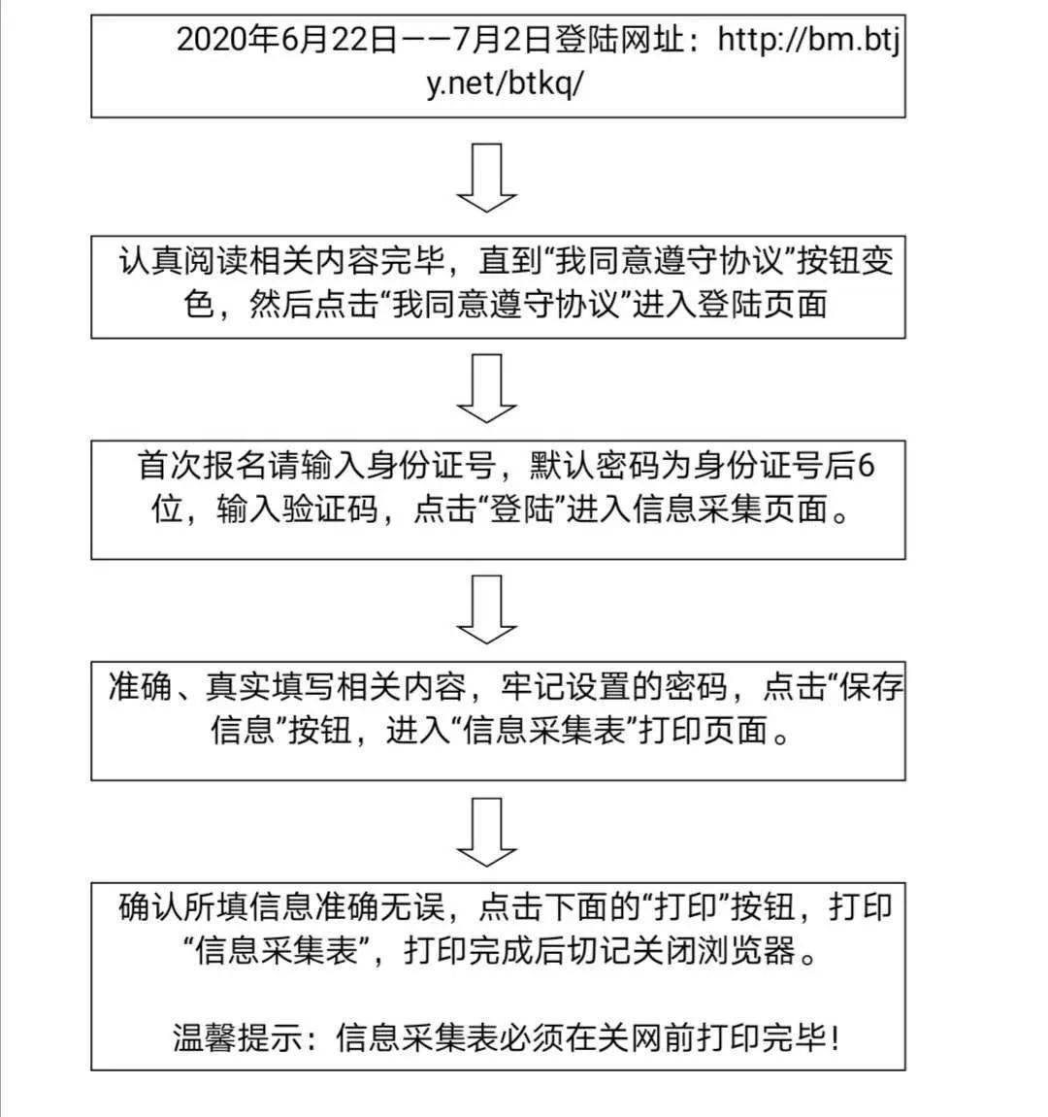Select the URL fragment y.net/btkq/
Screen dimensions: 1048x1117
(506, 84)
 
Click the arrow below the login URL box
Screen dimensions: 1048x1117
(486, 178)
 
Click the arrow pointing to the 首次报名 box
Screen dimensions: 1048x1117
(486, 388)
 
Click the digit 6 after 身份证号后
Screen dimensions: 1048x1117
(866, 466)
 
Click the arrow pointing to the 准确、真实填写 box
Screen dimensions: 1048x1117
(486, 609)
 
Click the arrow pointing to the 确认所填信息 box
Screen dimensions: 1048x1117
(486, 832)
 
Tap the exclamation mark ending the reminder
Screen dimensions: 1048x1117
(835, 1037)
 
